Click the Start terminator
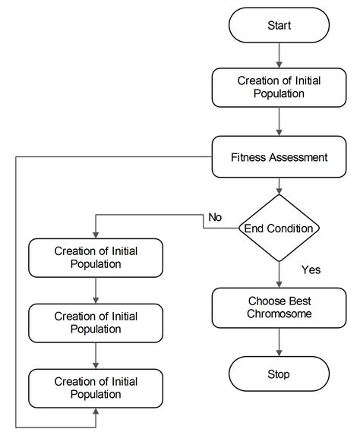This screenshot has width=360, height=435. [x=279, y=26]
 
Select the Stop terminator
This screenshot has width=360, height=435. [x=279, y=374]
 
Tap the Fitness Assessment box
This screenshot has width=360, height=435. [x=279, y=158]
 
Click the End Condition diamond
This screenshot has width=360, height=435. [x=279, y=228]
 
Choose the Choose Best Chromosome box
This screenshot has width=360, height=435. [x=279, y=307]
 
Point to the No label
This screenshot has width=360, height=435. [x=215, y=218]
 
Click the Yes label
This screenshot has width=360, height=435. [x=311, y=270]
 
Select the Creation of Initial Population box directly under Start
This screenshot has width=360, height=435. [x=279, y=87]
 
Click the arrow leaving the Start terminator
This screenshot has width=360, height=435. [x=279, y=55]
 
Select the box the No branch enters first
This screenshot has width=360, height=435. [x=96, y=257]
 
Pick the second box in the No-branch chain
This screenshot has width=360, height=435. [x=96, y=323]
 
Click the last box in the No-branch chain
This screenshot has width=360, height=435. [x=96, y=388]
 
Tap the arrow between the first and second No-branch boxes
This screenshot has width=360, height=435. [x=96, y=290]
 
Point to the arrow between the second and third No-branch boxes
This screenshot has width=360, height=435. [x=96, y=355]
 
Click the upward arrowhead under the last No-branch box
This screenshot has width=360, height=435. [x=96, y=412]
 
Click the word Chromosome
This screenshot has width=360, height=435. [x=279, y=314]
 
